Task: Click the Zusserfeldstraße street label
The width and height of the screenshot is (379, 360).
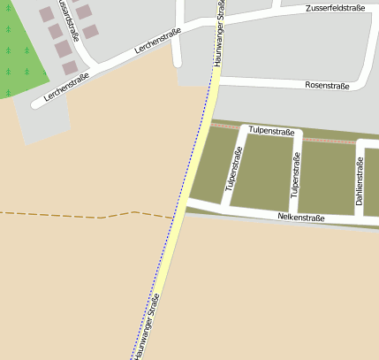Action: (x=335, y=8)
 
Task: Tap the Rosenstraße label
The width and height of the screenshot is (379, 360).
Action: (x=327, y=86)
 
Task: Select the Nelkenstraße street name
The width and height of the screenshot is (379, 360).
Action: (x=301, y=218)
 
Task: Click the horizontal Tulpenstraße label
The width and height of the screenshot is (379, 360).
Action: (x=271, y=131)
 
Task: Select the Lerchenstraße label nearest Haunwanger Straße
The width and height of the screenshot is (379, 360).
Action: (x=158, y=42)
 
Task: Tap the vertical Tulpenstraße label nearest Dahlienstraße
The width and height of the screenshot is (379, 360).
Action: (x=296, y=175)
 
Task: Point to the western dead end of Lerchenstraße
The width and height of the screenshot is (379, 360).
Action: (x=36, y=104)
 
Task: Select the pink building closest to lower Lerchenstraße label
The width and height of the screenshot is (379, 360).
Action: (x=70, y=67)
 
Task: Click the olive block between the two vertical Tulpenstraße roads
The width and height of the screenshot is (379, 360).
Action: (x=262, y=172)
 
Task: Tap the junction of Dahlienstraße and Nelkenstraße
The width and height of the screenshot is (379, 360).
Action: (x=359, y=218)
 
